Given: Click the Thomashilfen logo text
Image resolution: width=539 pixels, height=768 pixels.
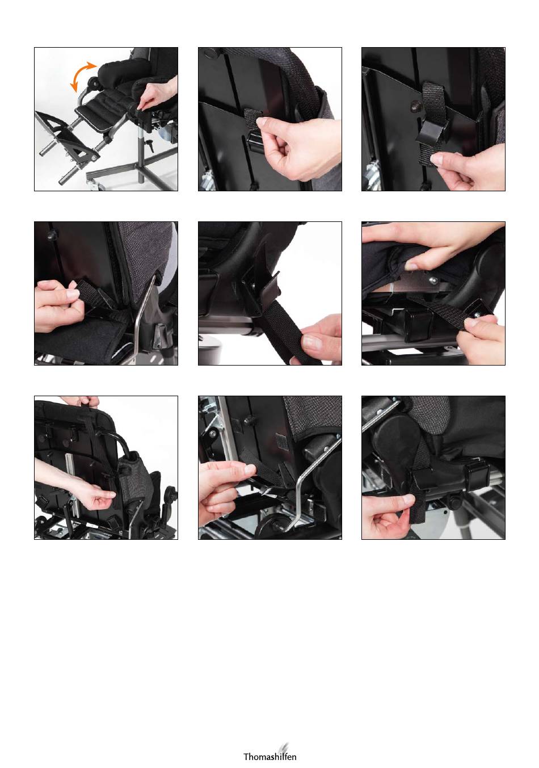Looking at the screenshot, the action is pyautogui.click(x=269, y=756).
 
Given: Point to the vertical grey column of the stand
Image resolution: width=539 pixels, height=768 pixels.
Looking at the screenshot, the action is pyautogui.click(x=141, y=154).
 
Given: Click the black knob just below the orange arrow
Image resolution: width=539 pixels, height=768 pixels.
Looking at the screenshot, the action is pyautogui.click(x=92, y=83).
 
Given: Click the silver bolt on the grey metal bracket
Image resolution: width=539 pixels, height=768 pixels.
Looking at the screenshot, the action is pyautogui.click(x=433, y=280).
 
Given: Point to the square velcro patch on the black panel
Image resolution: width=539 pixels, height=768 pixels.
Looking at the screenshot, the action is pyautogui.click(x=281, y=442).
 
